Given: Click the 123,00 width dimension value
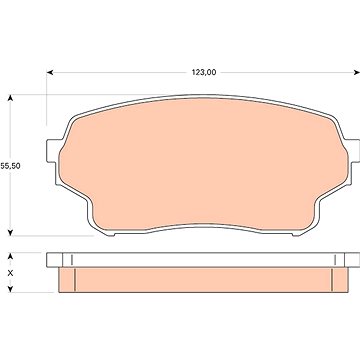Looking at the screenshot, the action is tap(204, 72).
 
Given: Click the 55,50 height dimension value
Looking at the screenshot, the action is tap(10, 166).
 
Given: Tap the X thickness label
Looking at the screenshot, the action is tap(10, 273).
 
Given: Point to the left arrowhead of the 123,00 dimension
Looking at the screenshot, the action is tap(50, 72).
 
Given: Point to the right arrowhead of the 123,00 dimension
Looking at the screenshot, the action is tap(356, 72).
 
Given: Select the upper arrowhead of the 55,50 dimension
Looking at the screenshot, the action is tap(10, 98).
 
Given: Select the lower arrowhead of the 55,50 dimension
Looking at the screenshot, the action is tap(10, 232).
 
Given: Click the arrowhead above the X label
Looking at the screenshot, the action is tap(10, 256).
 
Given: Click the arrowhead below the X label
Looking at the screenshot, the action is tap(10, 289).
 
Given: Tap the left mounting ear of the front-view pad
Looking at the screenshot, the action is tap(53, 151).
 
